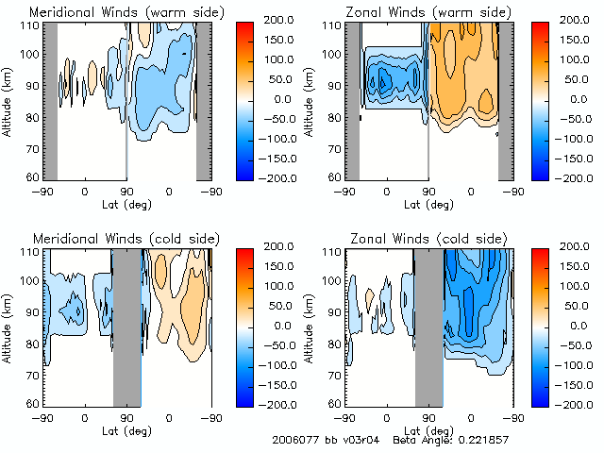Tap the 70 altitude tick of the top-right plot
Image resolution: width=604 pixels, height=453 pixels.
334,148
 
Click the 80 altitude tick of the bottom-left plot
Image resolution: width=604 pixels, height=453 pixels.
32,344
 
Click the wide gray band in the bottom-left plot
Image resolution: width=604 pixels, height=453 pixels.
126,326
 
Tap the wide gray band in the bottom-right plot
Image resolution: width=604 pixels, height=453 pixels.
428,326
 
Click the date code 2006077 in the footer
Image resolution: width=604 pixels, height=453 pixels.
294,440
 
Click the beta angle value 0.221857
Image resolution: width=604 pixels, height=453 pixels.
480,440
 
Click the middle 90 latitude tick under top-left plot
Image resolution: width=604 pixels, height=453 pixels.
126,191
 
